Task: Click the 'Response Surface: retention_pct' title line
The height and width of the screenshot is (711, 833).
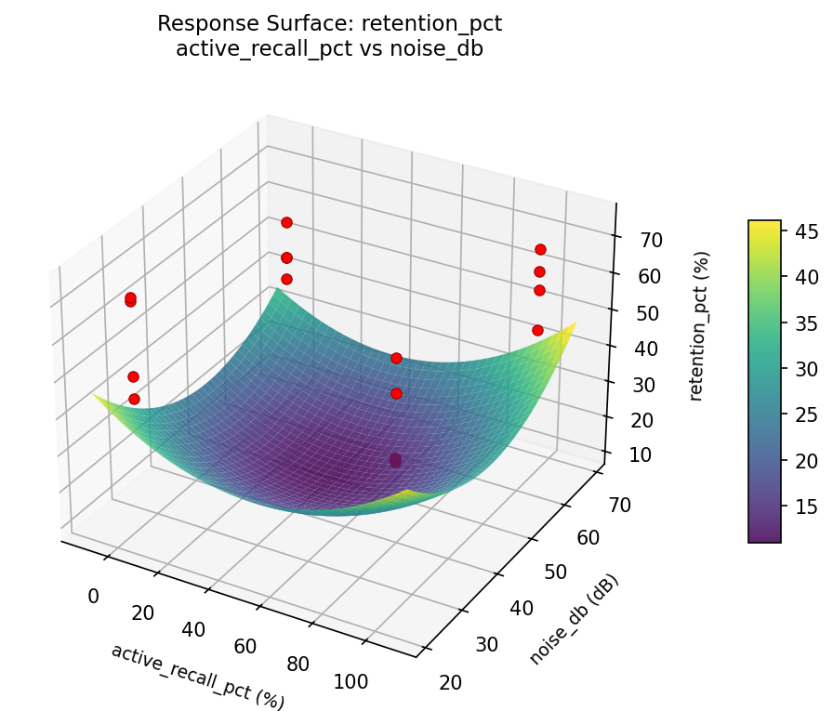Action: pos(329,23)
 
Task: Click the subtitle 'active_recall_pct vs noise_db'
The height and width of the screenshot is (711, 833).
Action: pos(329,48)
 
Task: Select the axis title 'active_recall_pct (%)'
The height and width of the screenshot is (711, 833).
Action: pos(197,676)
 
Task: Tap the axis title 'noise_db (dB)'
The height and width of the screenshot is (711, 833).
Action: pos(574,619)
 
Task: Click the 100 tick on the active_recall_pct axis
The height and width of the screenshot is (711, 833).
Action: pos(350,681)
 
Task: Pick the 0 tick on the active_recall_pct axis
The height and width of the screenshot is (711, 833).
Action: pos(93,596)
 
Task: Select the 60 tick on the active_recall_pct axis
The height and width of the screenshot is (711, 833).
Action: pos(245,646)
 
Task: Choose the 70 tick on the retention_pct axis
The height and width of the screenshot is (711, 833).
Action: pos(652,240)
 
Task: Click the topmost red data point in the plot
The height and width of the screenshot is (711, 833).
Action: pos(286,222)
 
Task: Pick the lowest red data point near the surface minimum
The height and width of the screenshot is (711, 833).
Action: pos(395,462)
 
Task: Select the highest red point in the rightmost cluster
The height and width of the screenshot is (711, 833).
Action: pos(540,249)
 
